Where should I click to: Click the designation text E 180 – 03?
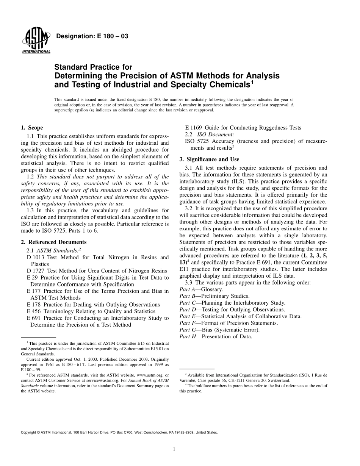coord(92,36)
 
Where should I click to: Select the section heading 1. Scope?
coord(32,128)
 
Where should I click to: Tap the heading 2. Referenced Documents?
coord(53,242)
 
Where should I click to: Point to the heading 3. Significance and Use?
coord(209,159)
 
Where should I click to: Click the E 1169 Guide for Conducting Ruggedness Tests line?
coord(243,128)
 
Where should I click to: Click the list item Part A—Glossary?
coord(201,289)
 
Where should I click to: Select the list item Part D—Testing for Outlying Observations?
coord(232,309)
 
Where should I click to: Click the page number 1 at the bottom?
coord(173,449)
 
